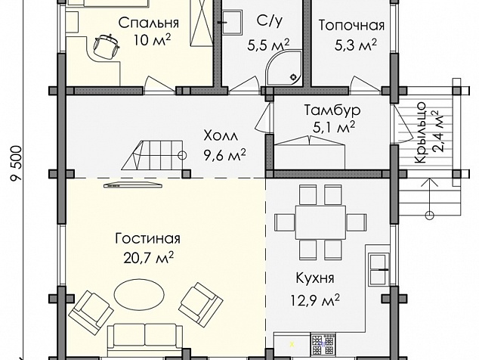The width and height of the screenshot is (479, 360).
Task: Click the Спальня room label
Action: (149, 23)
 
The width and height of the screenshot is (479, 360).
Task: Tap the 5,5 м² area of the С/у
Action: (268, 45)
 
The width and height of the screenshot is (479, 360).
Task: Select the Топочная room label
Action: (351, 26)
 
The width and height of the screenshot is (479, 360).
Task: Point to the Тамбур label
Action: (332, 110)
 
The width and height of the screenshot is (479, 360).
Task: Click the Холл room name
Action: (221, 135)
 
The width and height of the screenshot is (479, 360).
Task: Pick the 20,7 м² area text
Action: (149, 258)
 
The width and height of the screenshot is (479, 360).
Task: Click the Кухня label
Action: (315, 278)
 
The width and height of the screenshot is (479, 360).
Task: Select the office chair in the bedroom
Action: (106, 46)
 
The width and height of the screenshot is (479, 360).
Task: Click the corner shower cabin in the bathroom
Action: (284, 67)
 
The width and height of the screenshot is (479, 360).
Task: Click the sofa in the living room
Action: (145, 340)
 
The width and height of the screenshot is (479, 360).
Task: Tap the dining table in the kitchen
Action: (320, 222)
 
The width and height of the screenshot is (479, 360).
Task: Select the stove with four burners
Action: (323, 345)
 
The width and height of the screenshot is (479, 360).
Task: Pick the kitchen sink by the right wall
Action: (379, 269)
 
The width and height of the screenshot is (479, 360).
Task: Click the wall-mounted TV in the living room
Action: (133, 185)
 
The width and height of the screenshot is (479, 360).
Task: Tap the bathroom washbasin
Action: (232, 23)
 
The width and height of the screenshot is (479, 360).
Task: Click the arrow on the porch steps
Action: (430, 197)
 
